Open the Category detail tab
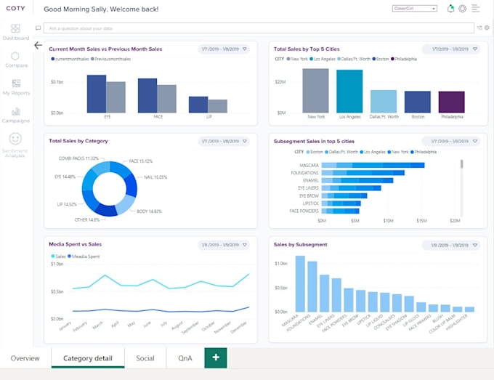click(87, 358)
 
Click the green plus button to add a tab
click(216, 358)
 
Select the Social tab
click(145, 358)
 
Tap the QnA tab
click(185, 358)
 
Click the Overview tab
click(25, 358)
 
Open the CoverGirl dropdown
click(414, 9)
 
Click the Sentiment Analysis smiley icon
click(15, 138)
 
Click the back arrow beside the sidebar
click(38, 45)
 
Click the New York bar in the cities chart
click(316, 90)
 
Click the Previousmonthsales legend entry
click(112, 58)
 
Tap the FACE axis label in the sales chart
click(158, 116)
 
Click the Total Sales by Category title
click(78, 140)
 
